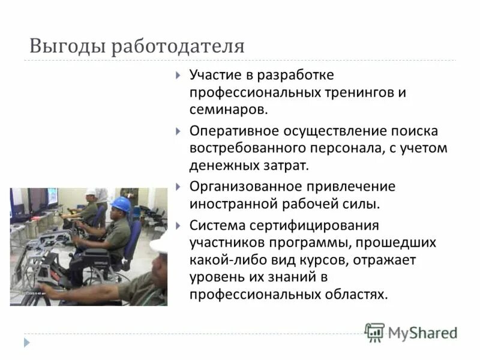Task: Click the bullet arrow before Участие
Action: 178,76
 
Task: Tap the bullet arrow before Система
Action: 178,226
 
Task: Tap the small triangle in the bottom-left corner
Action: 26,343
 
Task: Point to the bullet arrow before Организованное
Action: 178,187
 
